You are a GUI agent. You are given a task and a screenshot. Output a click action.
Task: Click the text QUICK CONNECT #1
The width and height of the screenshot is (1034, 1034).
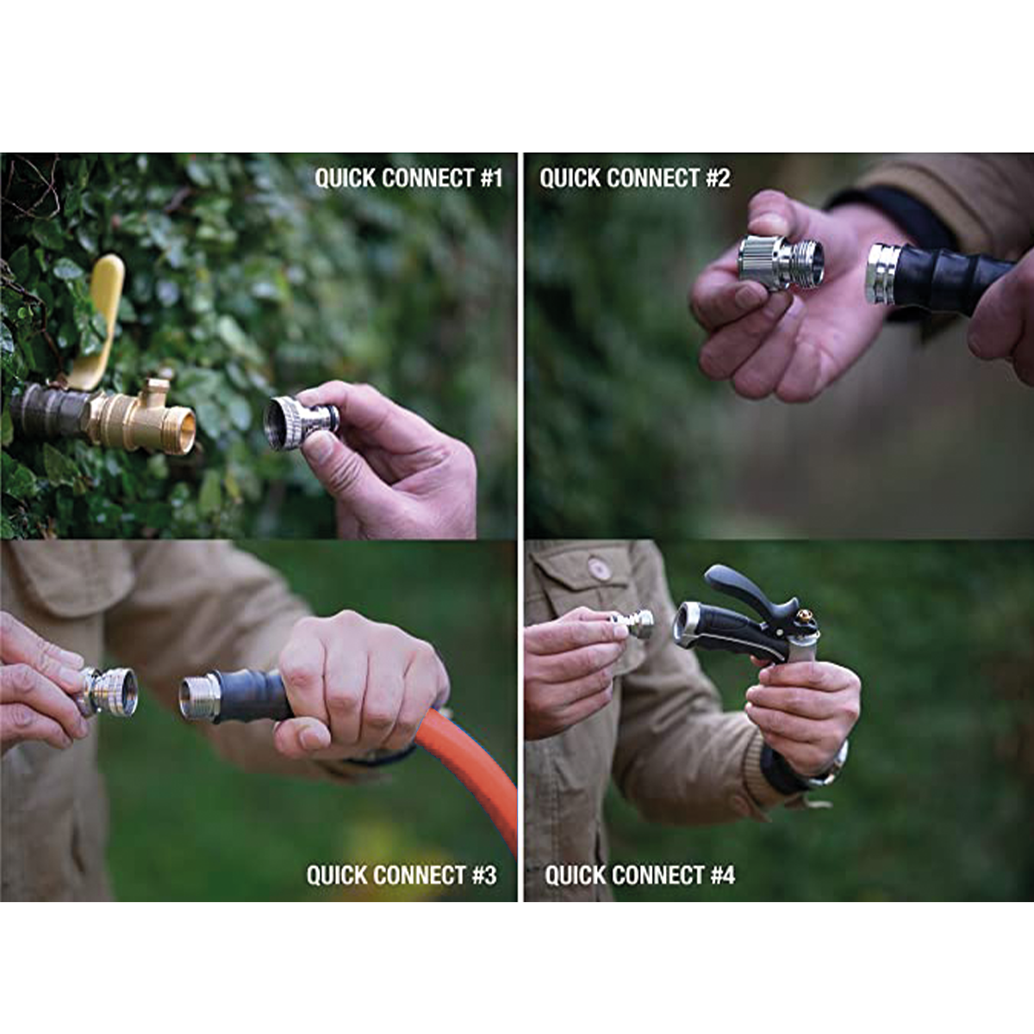[409, 178]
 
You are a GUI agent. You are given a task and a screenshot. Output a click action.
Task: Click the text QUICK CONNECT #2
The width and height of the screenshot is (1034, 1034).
[635, 178]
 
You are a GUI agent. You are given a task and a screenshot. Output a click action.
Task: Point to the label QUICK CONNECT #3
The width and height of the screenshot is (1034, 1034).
[402, 875]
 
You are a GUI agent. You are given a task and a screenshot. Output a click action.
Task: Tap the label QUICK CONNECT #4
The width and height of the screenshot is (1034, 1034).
[639, 875]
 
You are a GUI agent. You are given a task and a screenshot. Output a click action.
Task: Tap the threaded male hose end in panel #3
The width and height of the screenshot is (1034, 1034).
[197, 696]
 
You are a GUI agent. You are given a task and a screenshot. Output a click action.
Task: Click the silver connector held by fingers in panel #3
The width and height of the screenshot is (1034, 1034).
[109, 691]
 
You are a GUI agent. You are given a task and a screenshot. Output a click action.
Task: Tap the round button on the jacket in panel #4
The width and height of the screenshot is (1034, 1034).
[598, 568]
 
